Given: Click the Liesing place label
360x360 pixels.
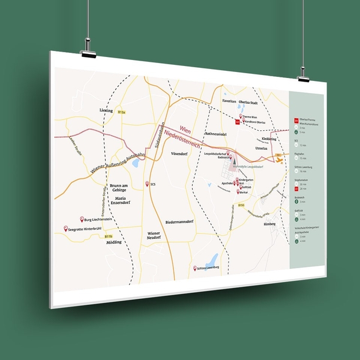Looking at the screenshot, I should point(106,111).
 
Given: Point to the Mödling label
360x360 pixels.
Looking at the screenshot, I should point(113,242).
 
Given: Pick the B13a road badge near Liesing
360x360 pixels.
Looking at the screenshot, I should point(122,112).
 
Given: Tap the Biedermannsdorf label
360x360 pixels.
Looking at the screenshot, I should point(178,222).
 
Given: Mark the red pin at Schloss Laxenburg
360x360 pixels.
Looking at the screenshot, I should point(194,268).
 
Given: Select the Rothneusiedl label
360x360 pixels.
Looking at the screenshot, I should point(214,134).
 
